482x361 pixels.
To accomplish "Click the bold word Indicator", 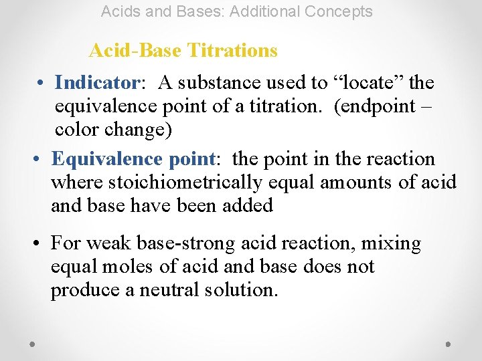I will [96, 83].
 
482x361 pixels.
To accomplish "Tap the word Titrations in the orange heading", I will [232, 50].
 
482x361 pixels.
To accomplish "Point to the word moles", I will [123, 267].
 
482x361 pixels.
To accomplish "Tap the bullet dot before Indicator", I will [42, 84].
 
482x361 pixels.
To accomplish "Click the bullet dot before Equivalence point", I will [37, 160].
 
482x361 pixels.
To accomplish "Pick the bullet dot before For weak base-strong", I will [37, 244].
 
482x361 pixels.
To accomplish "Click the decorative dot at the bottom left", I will [33, 344].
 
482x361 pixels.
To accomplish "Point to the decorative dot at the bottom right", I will [448, 344].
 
